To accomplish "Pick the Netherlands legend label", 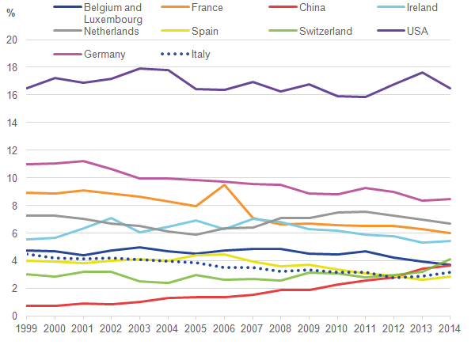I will [112, 32].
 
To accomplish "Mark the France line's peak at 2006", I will [225, 185].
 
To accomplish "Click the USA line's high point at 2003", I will [140, 69].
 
